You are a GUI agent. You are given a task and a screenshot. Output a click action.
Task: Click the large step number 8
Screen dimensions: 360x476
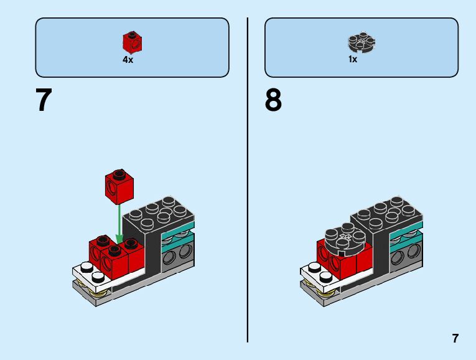273,100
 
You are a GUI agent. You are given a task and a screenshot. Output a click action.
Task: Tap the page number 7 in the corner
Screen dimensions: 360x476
455,339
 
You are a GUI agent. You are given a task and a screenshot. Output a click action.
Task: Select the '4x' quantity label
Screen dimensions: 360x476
128,60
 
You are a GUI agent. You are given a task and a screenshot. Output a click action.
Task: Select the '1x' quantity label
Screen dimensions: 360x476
353,60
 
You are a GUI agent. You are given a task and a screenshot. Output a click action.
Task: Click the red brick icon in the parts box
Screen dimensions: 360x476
132,42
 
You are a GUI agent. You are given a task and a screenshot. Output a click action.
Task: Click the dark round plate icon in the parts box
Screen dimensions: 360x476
361,43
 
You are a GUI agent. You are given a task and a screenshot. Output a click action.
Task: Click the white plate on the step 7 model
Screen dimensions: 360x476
87,275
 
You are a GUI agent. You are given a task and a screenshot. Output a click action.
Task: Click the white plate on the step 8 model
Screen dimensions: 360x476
314,272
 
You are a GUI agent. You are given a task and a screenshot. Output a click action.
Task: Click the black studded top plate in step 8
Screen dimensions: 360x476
388,212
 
